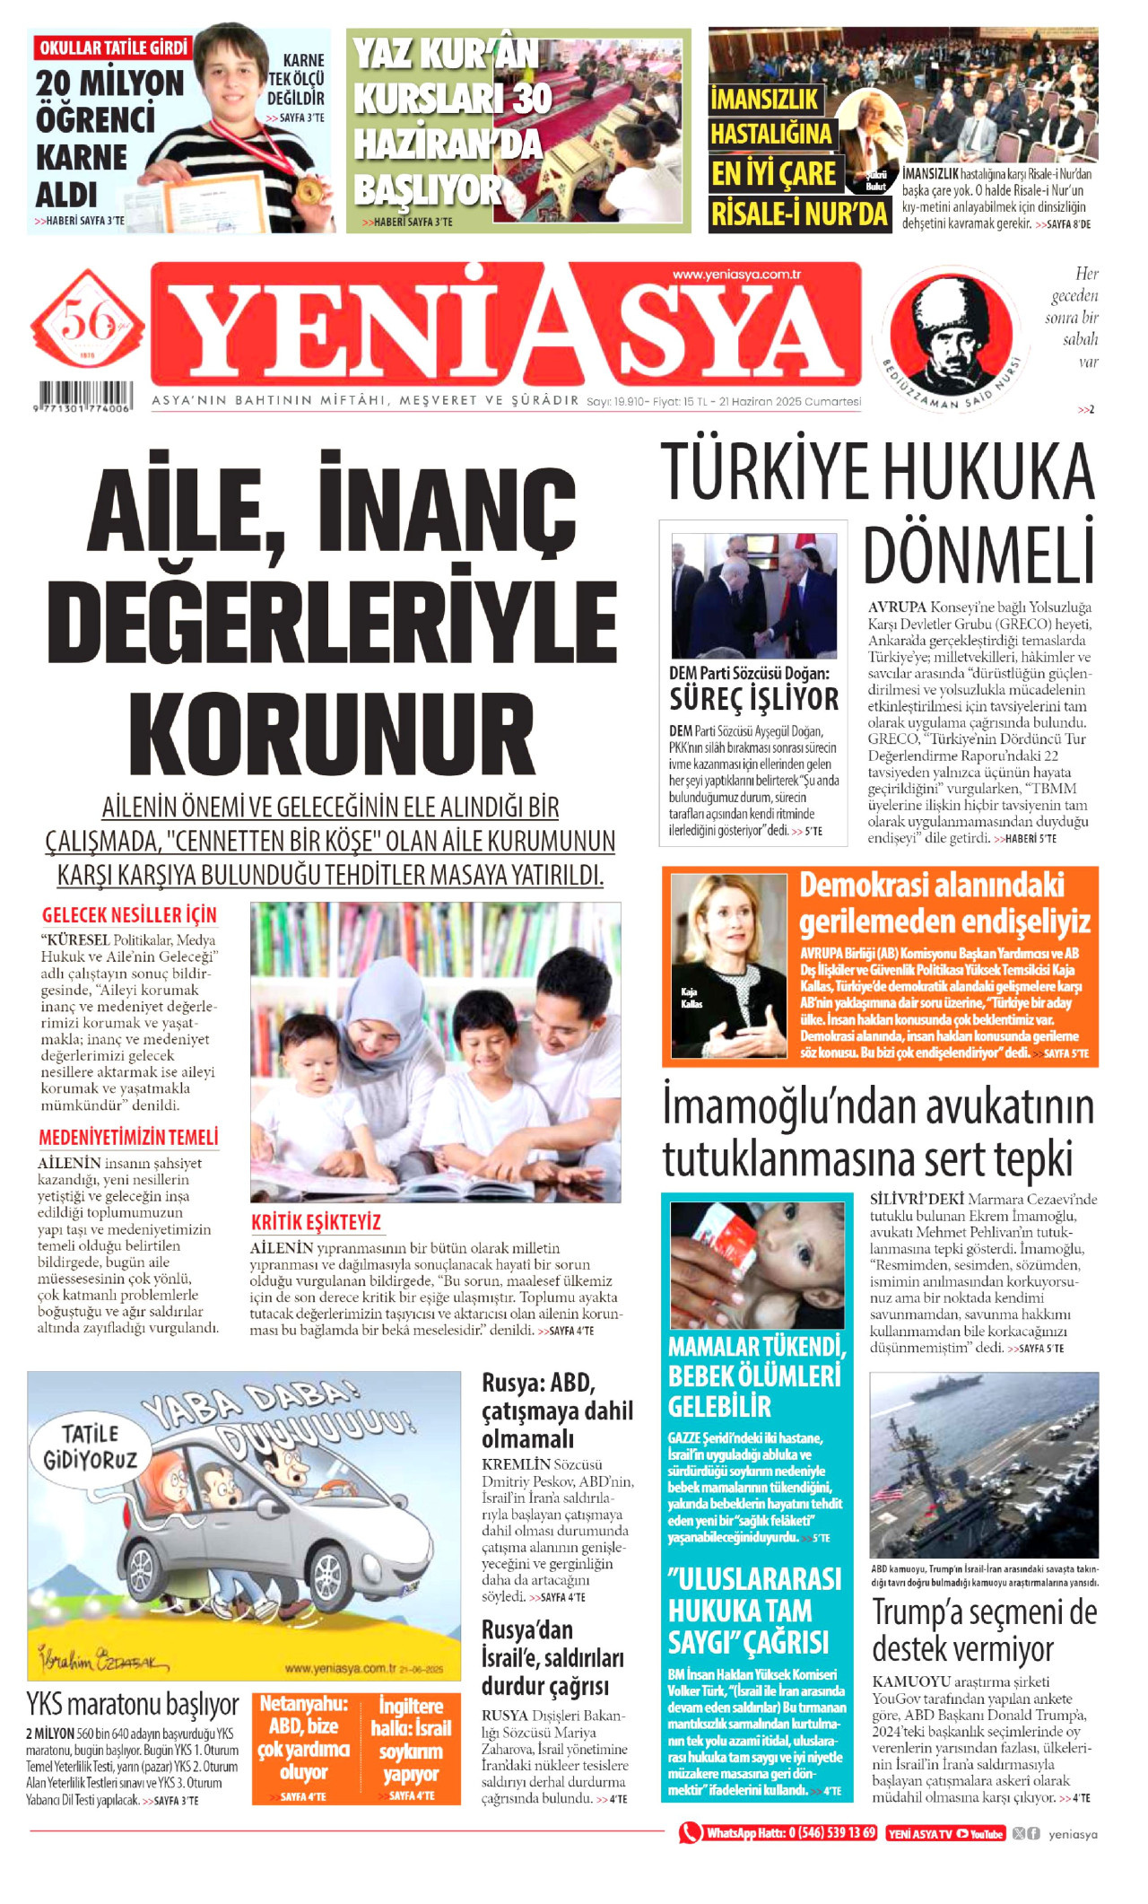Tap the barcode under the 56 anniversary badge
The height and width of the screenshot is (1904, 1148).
(x=85, y=395)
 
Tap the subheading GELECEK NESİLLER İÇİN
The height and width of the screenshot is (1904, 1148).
(x=129, y=915)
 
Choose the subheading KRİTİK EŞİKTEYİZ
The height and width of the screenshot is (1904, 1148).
(x=316, y=1222)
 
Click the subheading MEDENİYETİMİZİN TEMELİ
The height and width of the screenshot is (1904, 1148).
(x=128, y=1138)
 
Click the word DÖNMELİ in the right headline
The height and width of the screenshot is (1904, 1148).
(x=978, y=557)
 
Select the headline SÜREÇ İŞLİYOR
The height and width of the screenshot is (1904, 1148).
(x=753, y=698)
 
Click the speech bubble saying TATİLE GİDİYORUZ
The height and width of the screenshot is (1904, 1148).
(x=89, y=1446)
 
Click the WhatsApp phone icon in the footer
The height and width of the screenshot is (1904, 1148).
(x=690, y=1833)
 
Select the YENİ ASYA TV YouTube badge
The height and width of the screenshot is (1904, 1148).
(x=944, y=1834)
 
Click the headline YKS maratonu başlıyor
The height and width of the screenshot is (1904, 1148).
(x=133, y=1703)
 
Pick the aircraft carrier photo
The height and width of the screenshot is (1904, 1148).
(x=984, y=1465)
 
